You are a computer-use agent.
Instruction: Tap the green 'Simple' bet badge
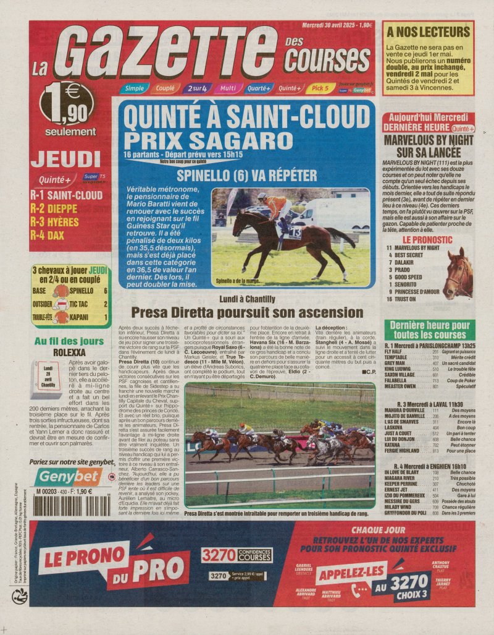(x=134, y=88)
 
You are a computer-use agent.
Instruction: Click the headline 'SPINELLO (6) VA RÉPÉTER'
(x=246, y=174)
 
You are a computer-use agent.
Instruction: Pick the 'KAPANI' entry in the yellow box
(x=82, y=318)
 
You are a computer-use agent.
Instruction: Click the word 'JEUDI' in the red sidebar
(x=66, y=160)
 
